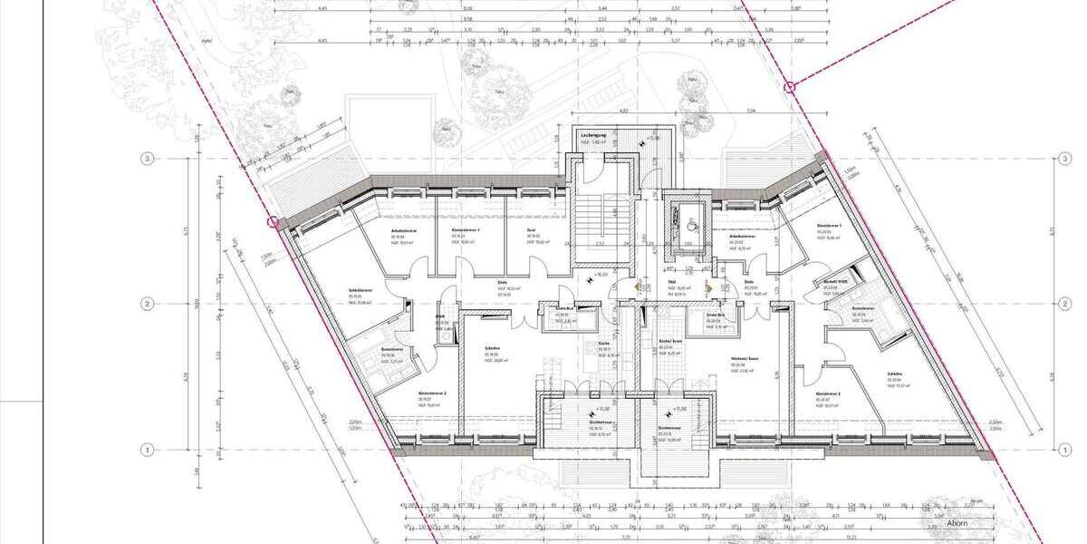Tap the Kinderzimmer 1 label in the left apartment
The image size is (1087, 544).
coord(466,231)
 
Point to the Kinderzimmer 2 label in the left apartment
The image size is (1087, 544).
coord(428,394)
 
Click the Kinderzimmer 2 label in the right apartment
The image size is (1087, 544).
coord(829,394)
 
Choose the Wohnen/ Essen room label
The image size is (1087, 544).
coord(745,359)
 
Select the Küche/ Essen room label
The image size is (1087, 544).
coord(670,341)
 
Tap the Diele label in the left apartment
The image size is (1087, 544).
coord(501,282)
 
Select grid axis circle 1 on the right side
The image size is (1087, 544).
coord(1063,449)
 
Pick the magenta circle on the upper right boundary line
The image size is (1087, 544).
coord(790,88)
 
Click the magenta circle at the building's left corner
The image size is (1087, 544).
coord(271,220)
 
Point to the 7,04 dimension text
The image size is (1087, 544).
coord(750,111)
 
